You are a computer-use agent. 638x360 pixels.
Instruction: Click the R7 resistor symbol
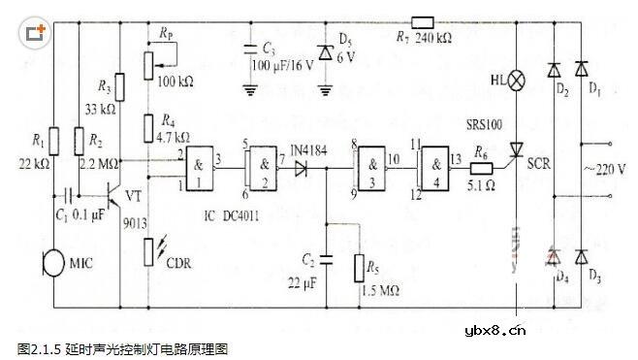[423, 21]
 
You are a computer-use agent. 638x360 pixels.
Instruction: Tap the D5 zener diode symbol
[324, 54]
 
